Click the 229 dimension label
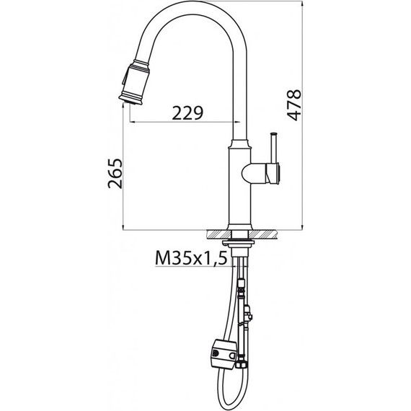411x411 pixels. pos(187,112)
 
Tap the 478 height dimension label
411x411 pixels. pos(294,105)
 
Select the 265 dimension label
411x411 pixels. pos(115,173)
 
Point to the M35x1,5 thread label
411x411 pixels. pos(191,257)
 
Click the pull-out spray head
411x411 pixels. pos(134,83)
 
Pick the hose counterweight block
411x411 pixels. pos(224,353)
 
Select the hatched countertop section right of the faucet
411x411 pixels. pos(262,234)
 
